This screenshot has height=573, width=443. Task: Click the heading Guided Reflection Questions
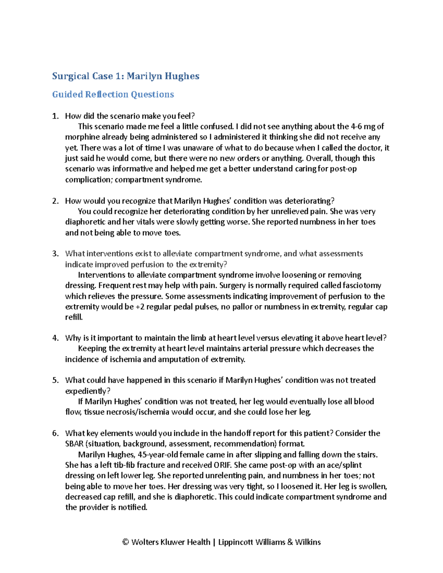pyautogui.click(x=113, y=94)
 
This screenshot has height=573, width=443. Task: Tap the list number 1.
pyautogui.click(x=55, y=116)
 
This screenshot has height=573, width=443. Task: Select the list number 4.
pyautogui.click(x=55, y=338)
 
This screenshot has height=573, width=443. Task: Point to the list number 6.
pyautogui.click(x=55, y=433)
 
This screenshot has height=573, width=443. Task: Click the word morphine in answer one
pyautogui.click(x=81, y=137)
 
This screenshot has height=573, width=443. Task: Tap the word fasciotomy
pyautogui.click(x=362, y=286)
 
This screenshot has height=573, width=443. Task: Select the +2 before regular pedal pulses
pyautogui.click(x=140, y=307)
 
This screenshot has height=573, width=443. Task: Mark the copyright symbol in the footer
pyautogui.click(x=126, y=542)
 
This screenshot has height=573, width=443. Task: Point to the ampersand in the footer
pyautogui.click(x=290, y=542)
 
